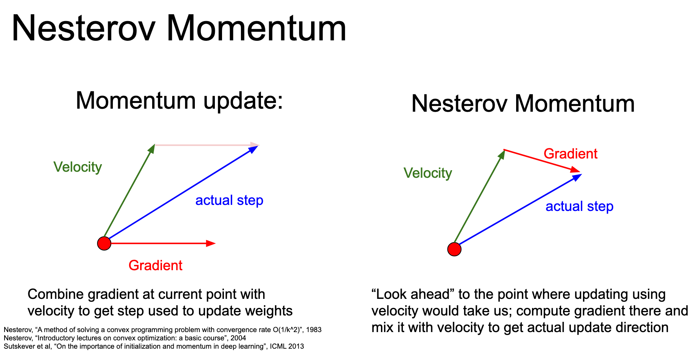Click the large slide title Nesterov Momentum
(179, 28)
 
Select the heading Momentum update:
(179, 101)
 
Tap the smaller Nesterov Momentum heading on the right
(523, 103)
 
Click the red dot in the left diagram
(104, 243)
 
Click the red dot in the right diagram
(454, 249)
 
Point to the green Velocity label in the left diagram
(78, 167)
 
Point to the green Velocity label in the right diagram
(428, 173)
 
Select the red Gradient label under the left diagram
(156, 265)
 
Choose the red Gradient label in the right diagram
(571, 154)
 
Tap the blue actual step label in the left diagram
(229, 200)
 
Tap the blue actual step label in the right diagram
(580, 206)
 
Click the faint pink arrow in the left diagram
(207, 145)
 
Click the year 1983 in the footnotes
(314, 330)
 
